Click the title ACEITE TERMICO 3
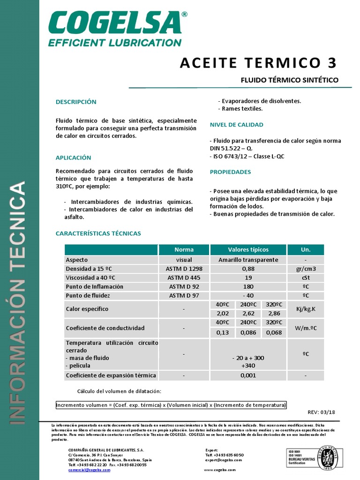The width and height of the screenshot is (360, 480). point(258,63)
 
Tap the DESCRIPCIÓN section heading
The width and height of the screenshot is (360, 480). point(76,102)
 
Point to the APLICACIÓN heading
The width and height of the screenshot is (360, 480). point(73,157)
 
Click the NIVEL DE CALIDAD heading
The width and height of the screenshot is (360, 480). point(236,125)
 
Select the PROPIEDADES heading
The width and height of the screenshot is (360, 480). point(230,172)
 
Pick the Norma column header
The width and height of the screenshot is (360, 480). point(184,249)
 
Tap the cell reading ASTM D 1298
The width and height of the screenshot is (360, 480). point(184,269)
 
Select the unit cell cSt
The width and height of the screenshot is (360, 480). point(305,277)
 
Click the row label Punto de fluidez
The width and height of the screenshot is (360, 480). point(88,295)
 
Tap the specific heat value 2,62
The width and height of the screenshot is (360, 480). point(248,314)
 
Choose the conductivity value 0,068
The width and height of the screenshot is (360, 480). point(274,332)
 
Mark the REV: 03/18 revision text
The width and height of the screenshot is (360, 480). point(321,412)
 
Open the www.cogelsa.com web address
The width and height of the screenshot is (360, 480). point(220,469)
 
